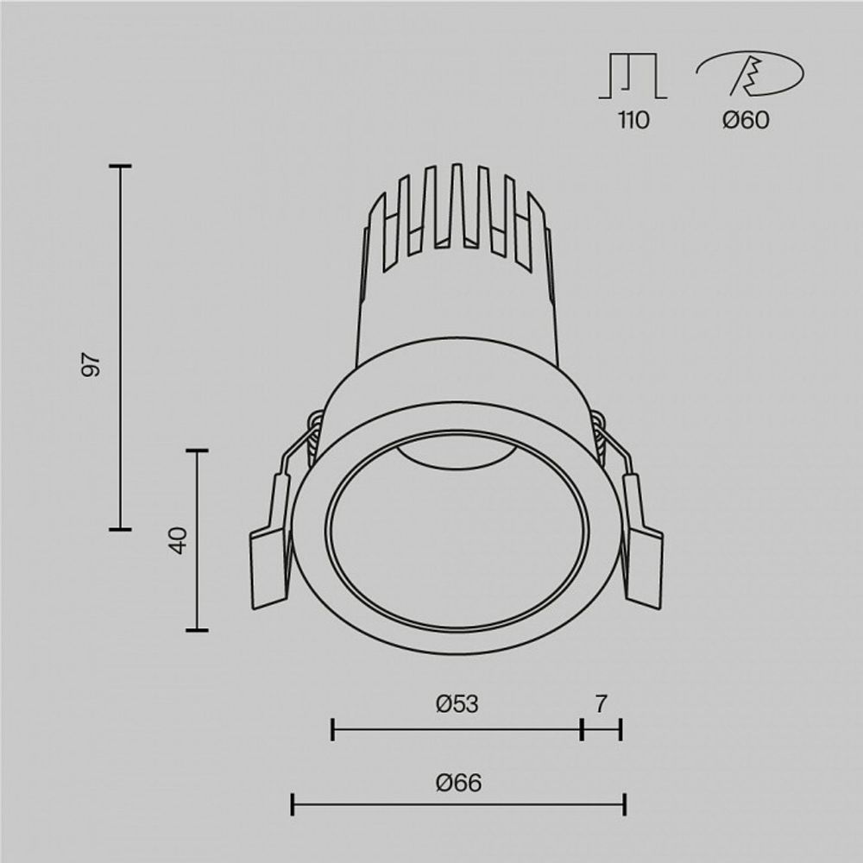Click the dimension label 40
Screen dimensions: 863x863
(179, 541)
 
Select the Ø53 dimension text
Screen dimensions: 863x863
(457, 704)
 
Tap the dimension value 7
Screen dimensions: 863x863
(602, 704)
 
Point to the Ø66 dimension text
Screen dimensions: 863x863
(458, 784)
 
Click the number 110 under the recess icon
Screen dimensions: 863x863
(633, 120)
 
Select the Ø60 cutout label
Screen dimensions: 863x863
(746, 120)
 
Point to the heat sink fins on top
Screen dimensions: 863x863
(457, 216)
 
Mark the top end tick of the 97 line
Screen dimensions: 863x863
(120, 166)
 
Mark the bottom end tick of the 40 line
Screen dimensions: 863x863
(197, 630)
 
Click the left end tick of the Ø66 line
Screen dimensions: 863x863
(293, 805)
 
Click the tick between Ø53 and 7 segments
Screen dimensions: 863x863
(583, 730)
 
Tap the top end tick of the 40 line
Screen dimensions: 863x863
(197, 450)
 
